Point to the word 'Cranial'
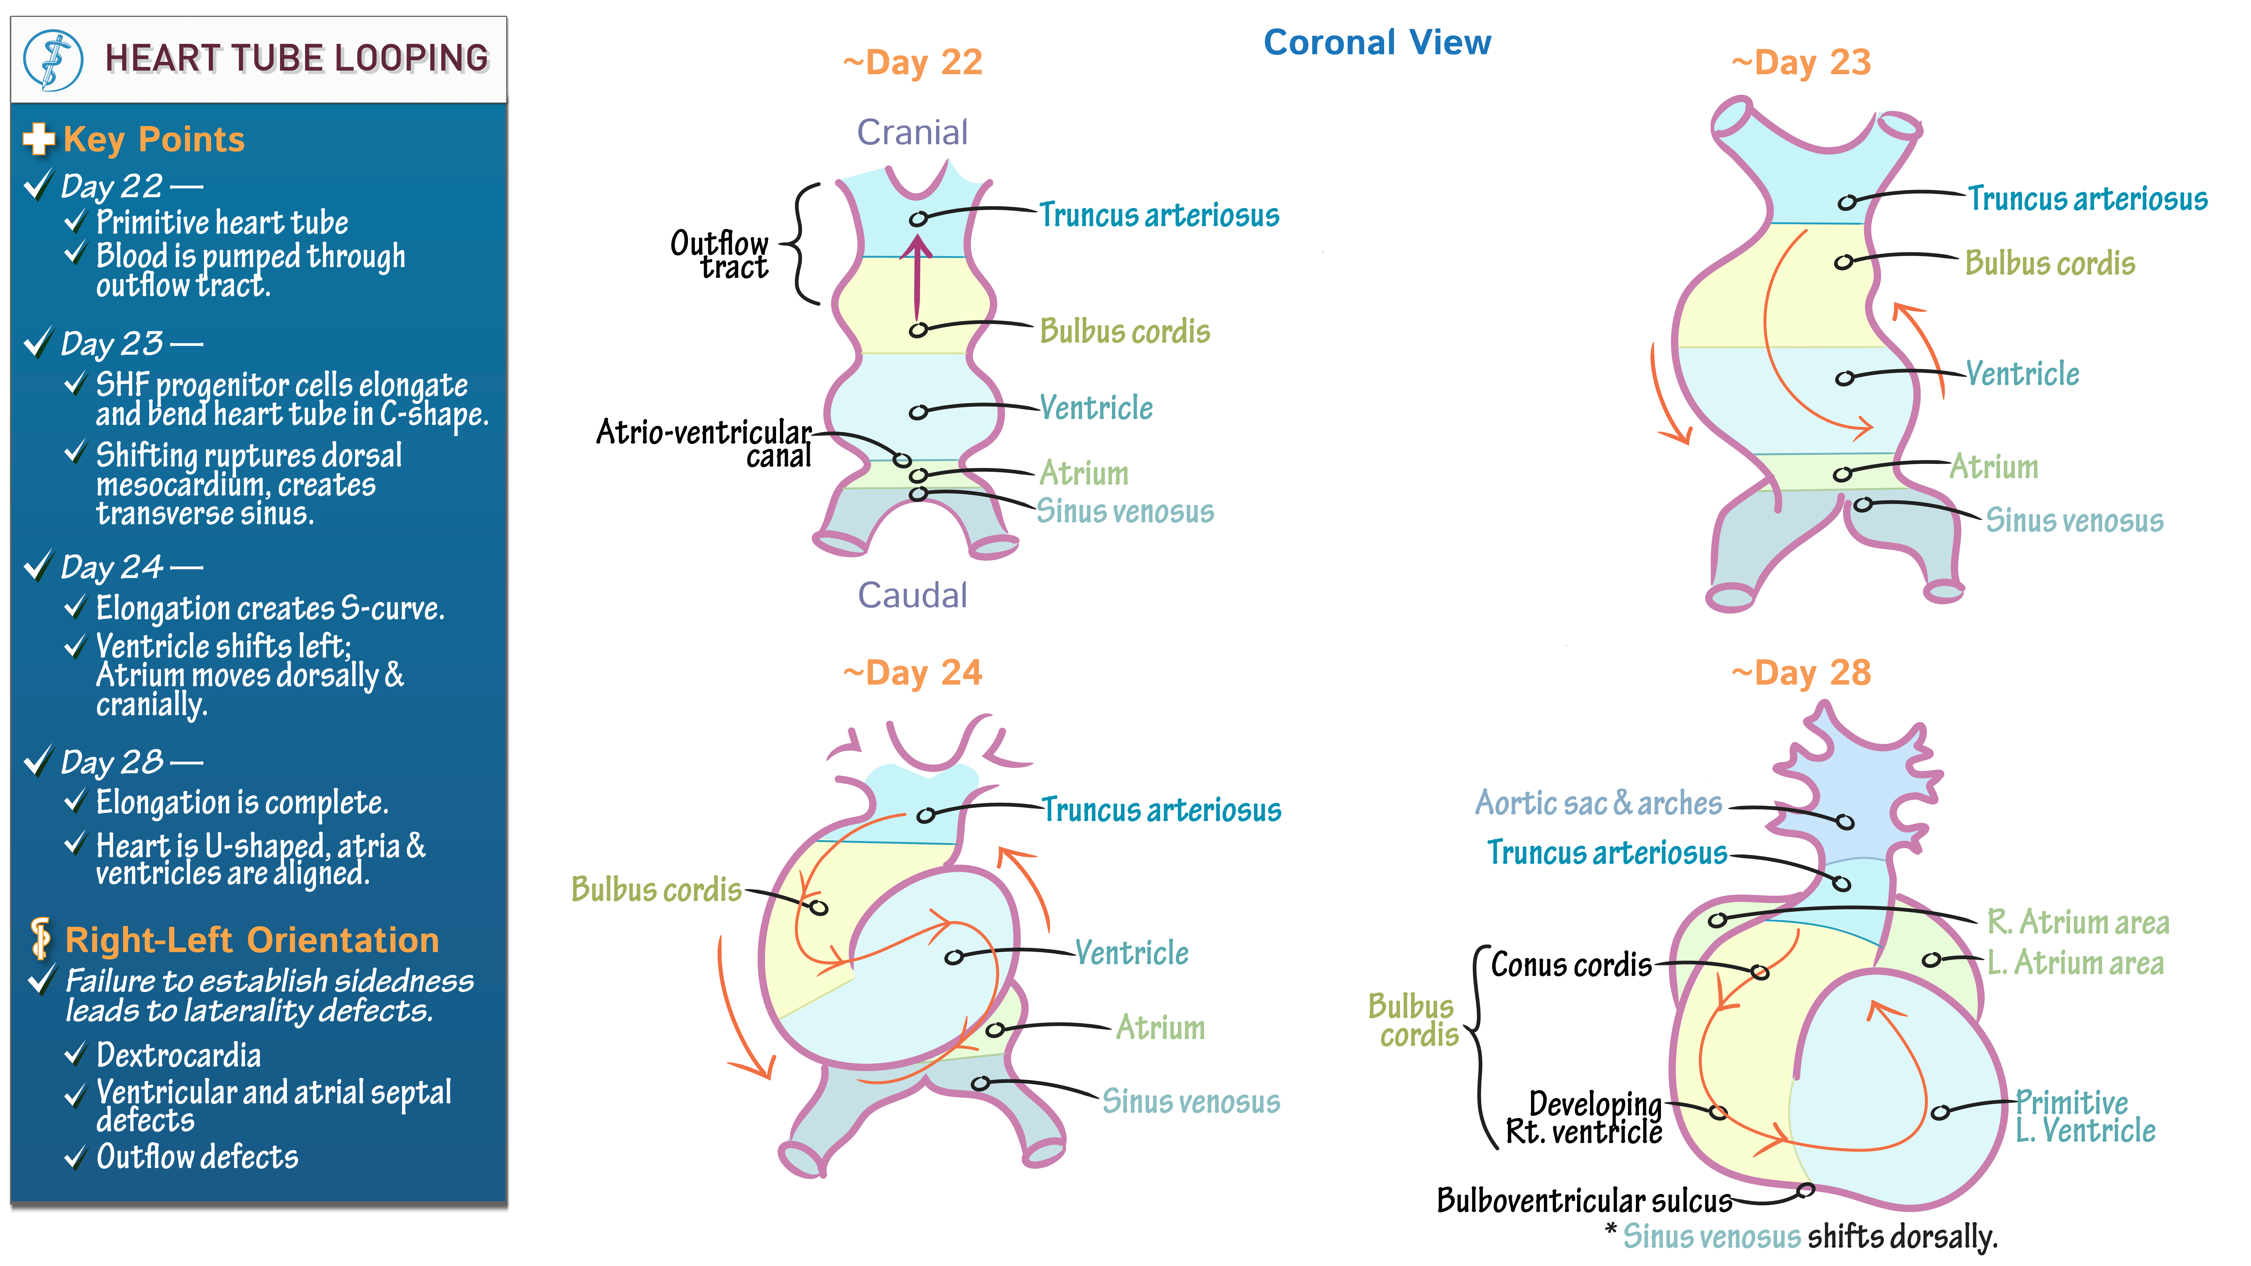click(912, 132)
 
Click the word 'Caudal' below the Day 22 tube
click(912, 595)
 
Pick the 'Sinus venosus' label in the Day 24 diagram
click(1191, 1101)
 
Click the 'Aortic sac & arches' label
click(1598, 802)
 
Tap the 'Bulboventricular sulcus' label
click(1584, 1200)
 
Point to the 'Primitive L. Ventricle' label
click(2085, 1117)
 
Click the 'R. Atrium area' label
click(2078, 922)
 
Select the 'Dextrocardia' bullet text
click(178, 1055)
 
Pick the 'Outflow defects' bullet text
click(198, 1157)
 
